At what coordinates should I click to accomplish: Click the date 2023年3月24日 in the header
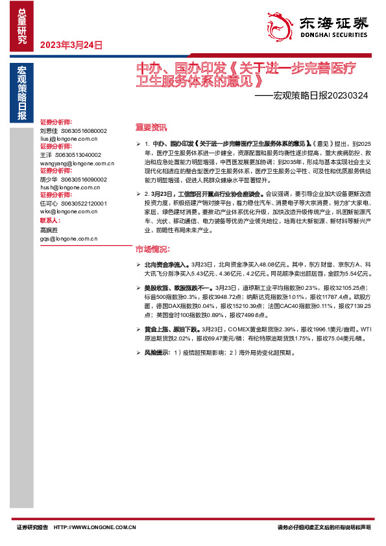tap(71, 45)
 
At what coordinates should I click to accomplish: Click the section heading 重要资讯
tap(151, 127)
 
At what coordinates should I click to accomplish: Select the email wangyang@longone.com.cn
tap(73, 163)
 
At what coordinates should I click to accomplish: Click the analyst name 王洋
tap(45, 155)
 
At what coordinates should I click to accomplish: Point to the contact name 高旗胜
tap(49, 230)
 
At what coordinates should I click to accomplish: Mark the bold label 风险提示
tap(156, 353)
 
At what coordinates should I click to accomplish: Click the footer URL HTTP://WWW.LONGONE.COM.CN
tap(95, 527)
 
